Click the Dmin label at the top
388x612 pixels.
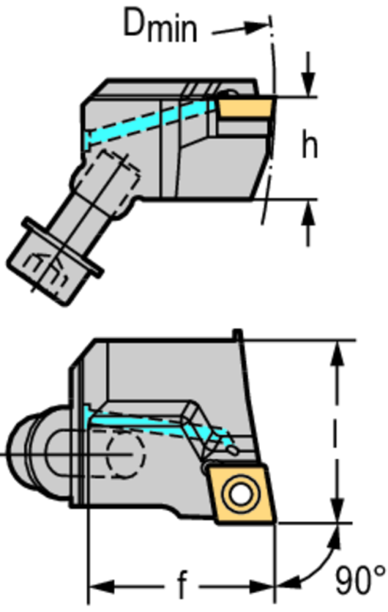160,25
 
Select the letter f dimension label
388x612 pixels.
182,584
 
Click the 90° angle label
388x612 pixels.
360,581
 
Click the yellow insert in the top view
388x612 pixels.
245,107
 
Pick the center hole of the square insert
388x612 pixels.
240,494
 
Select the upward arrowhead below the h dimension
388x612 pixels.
308,212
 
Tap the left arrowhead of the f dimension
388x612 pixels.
103,586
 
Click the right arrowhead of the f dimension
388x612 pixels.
262,586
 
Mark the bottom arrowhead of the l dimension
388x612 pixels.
337,509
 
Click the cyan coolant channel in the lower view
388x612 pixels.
156,424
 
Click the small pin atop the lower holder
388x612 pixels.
237,334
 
